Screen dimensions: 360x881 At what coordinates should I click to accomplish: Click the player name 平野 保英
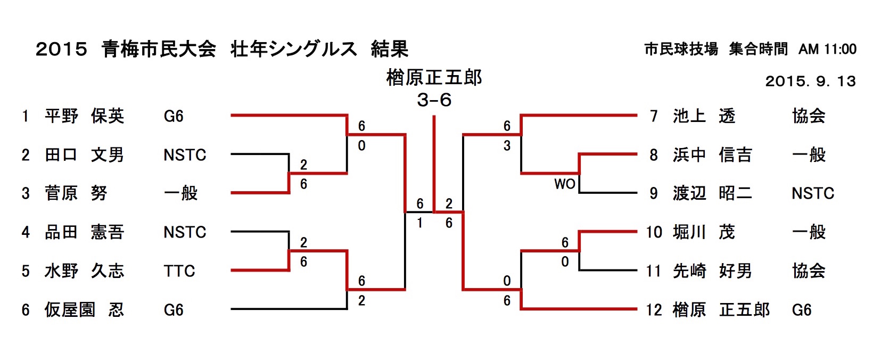click(x=84, y=116)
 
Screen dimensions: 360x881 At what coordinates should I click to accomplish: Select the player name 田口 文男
click(x=84, y=154)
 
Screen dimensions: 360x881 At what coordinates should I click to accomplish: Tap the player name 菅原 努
click(x=76, y=193)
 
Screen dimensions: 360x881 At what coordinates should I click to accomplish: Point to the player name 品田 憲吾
click(x=84, y=232)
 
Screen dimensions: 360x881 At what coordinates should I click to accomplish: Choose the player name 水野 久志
click(x=84, y=271)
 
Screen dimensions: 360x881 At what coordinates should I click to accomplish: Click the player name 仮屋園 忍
click(x=84, y=309)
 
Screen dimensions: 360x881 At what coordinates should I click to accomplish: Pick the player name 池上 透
click(x=704, y=116)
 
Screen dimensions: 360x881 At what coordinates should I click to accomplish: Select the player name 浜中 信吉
click(x=712, y=154)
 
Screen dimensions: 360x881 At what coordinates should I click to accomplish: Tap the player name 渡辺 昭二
click(x=712, y=193)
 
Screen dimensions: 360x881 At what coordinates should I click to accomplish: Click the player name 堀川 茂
click(x=704, y=232)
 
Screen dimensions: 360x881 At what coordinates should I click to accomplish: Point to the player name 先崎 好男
click(x=712, y=271)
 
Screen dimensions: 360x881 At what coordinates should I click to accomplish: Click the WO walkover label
click(x=564, y=184)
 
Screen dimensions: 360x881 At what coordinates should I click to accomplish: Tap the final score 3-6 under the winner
click(x=434, y=100)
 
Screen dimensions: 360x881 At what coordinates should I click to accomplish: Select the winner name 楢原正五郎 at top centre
click(x=434, y=78)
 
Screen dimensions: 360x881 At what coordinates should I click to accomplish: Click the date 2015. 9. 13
click(x=810, y=81)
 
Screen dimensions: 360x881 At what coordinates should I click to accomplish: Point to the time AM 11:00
click(x=827, y=49)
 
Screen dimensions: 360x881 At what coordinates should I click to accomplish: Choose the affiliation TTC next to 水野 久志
click(x=179, y=271)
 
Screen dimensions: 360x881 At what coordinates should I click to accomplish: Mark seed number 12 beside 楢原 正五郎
click(x=654, y=309)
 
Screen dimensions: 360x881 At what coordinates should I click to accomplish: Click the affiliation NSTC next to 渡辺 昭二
click(x=812, y=193)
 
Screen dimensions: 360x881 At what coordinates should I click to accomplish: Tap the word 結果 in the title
click(x=389, y=49)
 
